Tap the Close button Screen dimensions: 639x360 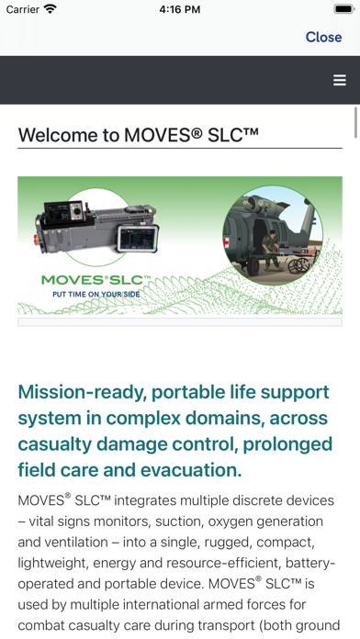[323, 37]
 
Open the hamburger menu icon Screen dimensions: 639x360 [339, 81]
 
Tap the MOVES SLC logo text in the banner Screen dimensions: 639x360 [95, 279]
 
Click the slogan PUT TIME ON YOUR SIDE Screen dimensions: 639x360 [95, 295]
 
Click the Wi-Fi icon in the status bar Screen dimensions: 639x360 [50, 9]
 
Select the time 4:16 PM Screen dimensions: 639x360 [180, 9]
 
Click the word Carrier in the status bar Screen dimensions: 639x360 [21, 9]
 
